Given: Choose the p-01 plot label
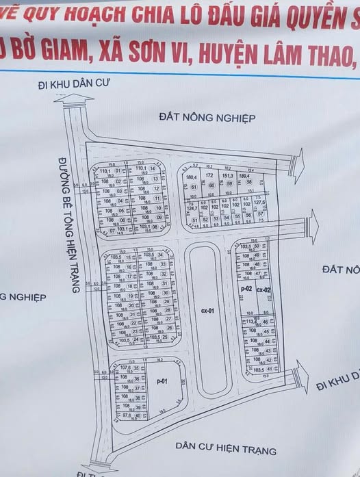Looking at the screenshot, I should (162, 381).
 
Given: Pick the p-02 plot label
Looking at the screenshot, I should (247, 290).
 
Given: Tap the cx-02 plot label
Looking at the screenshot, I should (264, 290).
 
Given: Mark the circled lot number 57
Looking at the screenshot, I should (261, 214).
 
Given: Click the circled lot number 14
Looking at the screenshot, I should (153, 168).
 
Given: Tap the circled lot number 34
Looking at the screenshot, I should (161, 255).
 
